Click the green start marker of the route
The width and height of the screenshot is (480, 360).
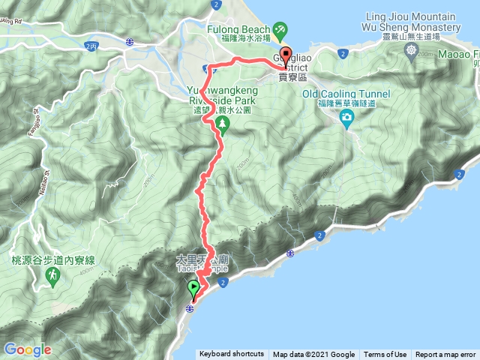[x=193, y=286]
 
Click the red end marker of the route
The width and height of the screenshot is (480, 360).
[x=286, y=55]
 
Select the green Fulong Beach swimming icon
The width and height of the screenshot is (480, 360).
[x=280, y=29]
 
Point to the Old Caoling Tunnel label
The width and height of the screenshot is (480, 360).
[x=347, y=94]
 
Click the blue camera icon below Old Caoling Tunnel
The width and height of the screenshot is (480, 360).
[x=346, y=117]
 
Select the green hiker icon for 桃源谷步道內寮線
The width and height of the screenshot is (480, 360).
[x=53, y=276]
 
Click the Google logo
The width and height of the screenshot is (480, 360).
[x=28, y=349]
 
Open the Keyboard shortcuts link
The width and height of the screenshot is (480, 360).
[x=231, y=355]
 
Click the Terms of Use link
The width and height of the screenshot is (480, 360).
[x=385, y=355]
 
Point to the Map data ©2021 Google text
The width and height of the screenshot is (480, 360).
[x=313, y=355]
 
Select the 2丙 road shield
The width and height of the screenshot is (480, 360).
[x=91, y=46]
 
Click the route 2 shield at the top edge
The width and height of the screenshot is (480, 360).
[x=216, y=4]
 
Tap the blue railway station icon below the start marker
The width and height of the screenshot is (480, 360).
[x=190, y=308]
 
